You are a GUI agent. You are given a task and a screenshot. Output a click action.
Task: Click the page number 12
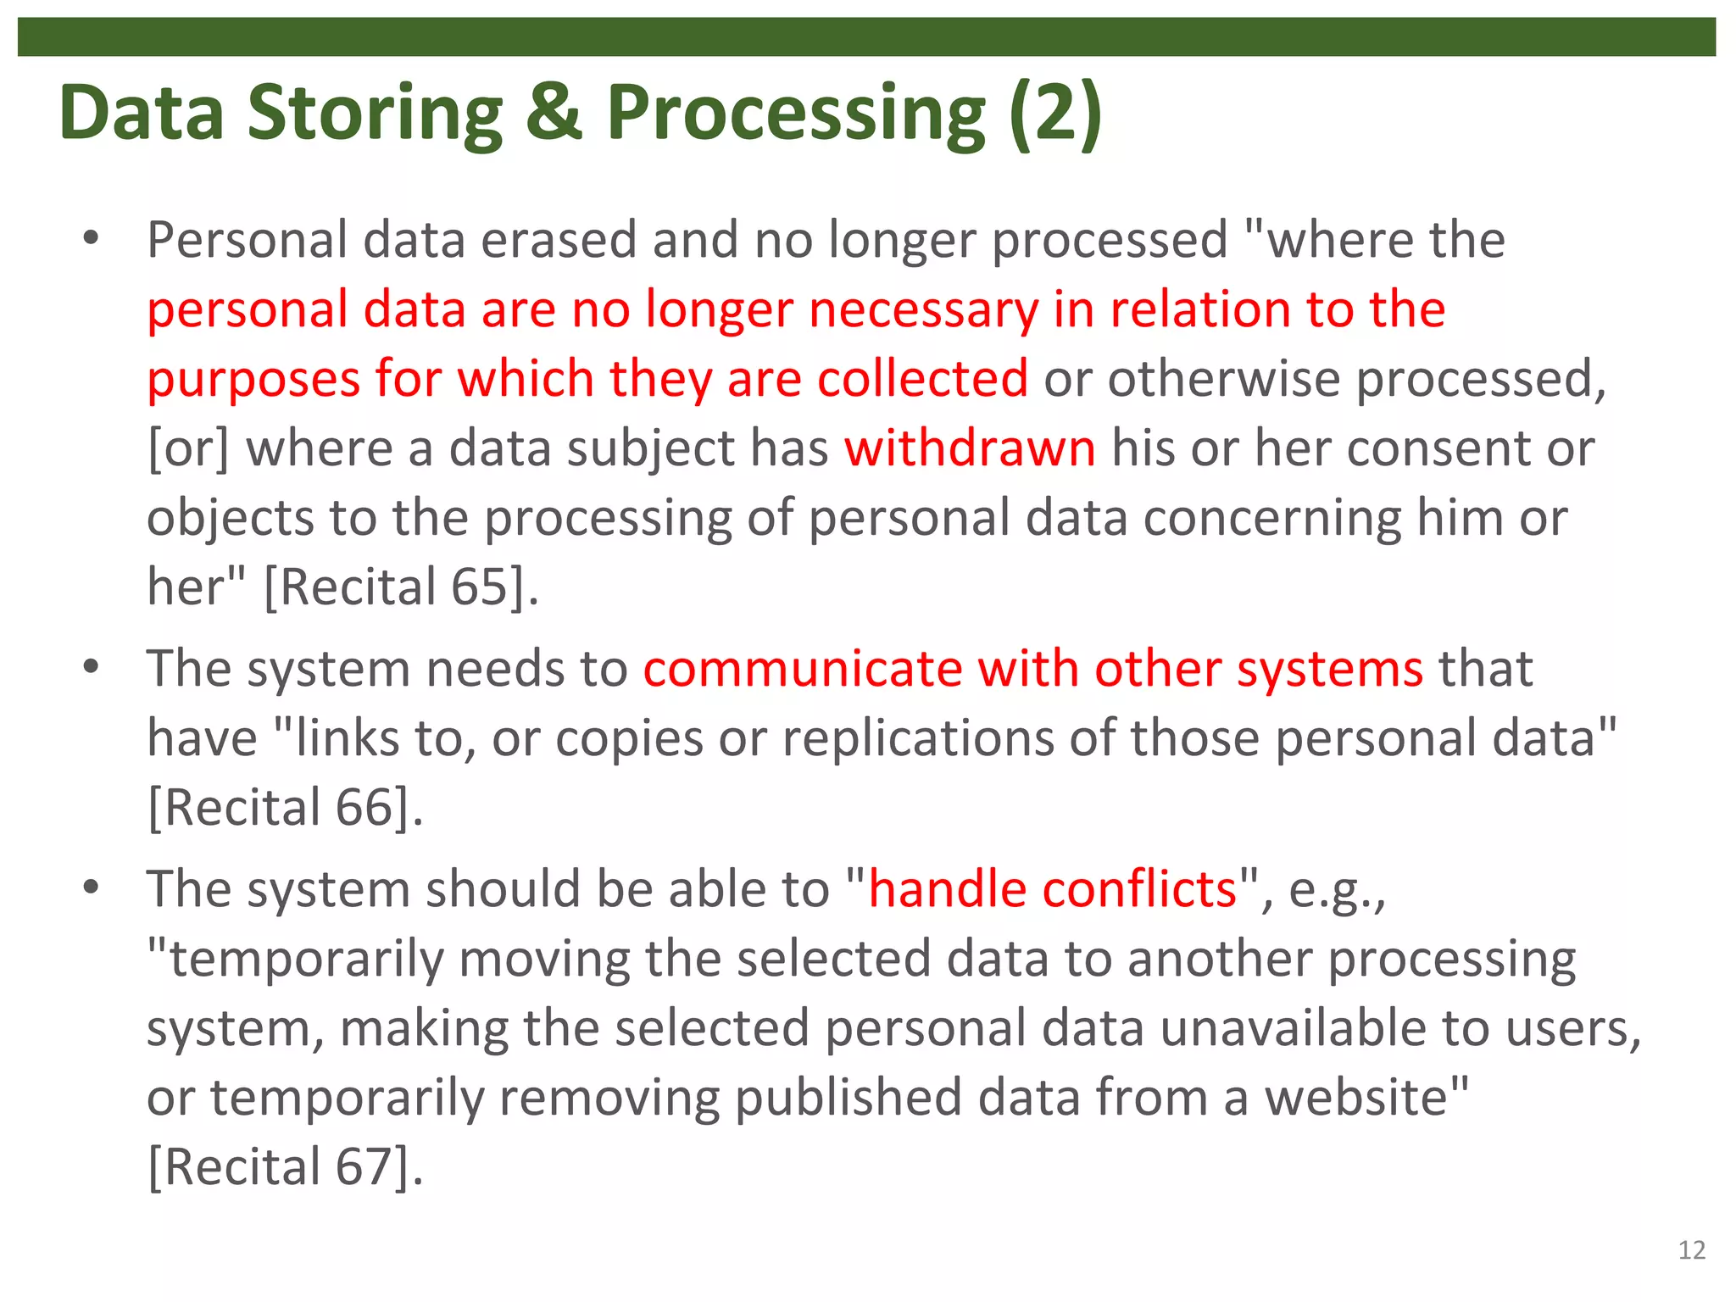[1691, 1250]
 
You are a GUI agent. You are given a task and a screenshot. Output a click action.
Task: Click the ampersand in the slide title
[554, 113]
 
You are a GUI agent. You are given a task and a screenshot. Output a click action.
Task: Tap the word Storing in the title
[375, 114]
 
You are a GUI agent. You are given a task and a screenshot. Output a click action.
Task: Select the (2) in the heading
[1055, 113]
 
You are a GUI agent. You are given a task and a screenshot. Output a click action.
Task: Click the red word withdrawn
[970, 448]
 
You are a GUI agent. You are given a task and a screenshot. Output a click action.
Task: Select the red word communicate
[802, 669]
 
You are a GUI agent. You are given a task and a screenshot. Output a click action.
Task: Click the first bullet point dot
[92, 239]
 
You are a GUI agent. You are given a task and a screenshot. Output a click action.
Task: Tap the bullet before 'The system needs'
[92, 668]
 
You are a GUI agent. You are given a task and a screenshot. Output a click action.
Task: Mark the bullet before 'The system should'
[92, 888]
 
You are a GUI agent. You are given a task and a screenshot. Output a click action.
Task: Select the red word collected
[922, 378]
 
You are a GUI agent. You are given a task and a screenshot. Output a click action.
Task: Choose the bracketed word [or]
[188, 448]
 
